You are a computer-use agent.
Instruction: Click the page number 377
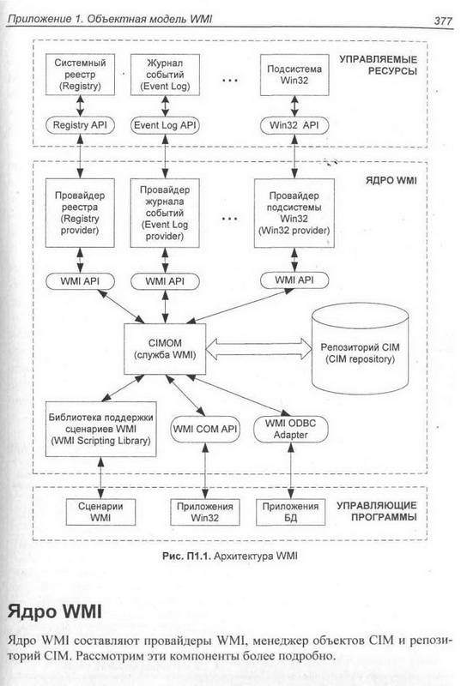[443, 21]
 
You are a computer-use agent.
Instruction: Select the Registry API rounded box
[80, 125]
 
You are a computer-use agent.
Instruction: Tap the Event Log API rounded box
[165, 125]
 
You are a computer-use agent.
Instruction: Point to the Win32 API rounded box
[294, 125]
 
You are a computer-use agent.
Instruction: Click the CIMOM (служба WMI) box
[165, 349]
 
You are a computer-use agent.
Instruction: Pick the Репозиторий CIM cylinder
[360, 348]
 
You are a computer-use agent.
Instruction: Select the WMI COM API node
[205, 430]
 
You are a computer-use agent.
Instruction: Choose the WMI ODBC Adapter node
[290, 430]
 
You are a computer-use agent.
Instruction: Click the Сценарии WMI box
[100, 512]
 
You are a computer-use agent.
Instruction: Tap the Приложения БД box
[290, 512]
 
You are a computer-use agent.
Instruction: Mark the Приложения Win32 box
[205, 512]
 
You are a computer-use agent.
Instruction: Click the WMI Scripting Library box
[100, 430]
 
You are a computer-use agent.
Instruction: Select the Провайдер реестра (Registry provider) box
[80, 213]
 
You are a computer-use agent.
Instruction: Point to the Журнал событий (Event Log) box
[165, 75]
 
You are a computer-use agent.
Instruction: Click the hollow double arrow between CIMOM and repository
[258, 349]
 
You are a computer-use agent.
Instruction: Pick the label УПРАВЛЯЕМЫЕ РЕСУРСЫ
[378, 65]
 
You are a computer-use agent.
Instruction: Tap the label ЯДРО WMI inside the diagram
[391, 180]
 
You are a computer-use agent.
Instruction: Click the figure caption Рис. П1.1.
[229, 556]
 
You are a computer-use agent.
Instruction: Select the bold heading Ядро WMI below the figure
[54, 611]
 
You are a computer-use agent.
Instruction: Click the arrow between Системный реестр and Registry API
[80, 105]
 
